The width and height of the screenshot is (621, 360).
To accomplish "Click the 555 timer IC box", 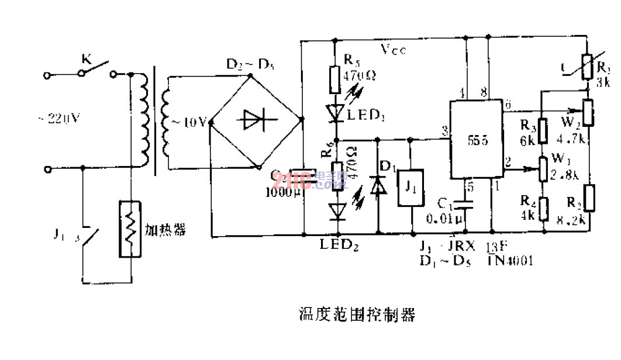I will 475,140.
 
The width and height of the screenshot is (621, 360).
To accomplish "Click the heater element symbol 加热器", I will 130,230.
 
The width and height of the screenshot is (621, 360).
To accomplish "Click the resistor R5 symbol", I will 334,79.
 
